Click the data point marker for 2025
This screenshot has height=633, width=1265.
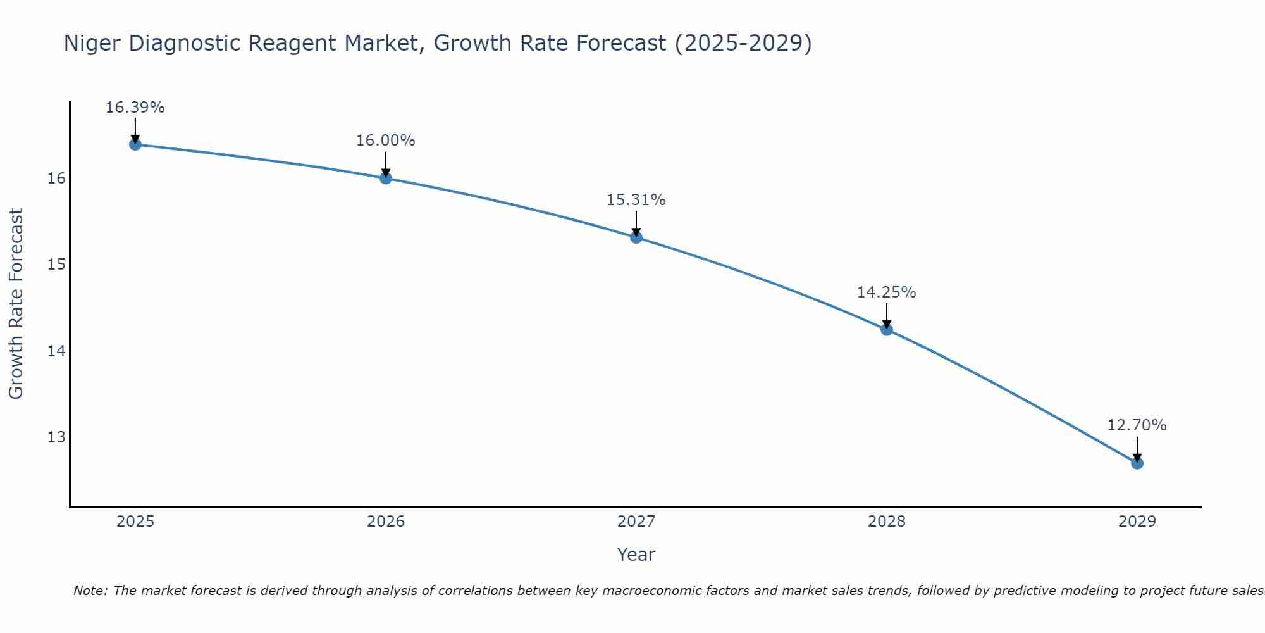pyautogui.click(x=135, y=144)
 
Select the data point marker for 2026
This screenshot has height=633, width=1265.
pyautogui.click(x=386, y=178)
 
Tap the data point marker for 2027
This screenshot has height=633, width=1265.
pyautogui.click(x=636, y=237)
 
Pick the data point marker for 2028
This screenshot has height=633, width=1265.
pyautogui.click(x=887, y=329)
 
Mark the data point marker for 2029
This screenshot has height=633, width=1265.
pyautogui.click(x=1137, y=463)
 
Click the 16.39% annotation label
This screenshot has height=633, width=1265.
pyautogui.click(x=135, y=108)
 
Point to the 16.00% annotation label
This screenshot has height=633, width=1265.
pyautogui.click(x=386, y=141)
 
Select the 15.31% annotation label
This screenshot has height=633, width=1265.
pyautogui.click(x=636, y=200)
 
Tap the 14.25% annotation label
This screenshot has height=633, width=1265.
pyautogui.click(x=887, y=292)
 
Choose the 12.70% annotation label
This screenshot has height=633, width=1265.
pyautogui.click(x=1137, y=425)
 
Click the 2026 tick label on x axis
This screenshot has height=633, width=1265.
pyautogui.click(x=386, y=522)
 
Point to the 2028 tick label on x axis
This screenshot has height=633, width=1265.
pyautogui.click(x=887, y=522)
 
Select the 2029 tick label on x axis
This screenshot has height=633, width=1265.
pyautogui.click(x=1137, y=522)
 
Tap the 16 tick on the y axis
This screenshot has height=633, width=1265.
pyautogui.click(x=56, y=179)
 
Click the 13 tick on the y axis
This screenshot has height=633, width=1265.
pyautogui.click(x=56, y=437)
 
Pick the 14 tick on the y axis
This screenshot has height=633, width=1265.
pyautogui.click(x=56, y=351)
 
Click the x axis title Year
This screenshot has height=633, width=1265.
pyautogui.click(x=636, y=555)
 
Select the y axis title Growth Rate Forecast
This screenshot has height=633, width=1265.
pyautogui.click(x=16, y=304)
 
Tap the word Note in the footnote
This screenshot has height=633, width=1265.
pyautogui.click(x=90, y=591)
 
